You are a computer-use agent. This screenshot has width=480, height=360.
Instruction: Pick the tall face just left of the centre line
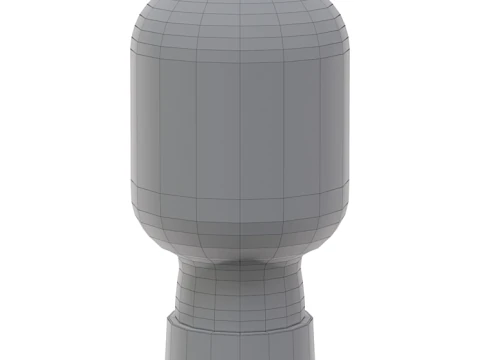click(220, 130)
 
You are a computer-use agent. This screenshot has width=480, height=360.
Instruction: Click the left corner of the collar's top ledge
click(168, 322)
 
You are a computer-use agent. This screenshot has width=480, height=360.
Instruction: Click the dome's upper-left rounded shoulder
click(150, 25)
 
